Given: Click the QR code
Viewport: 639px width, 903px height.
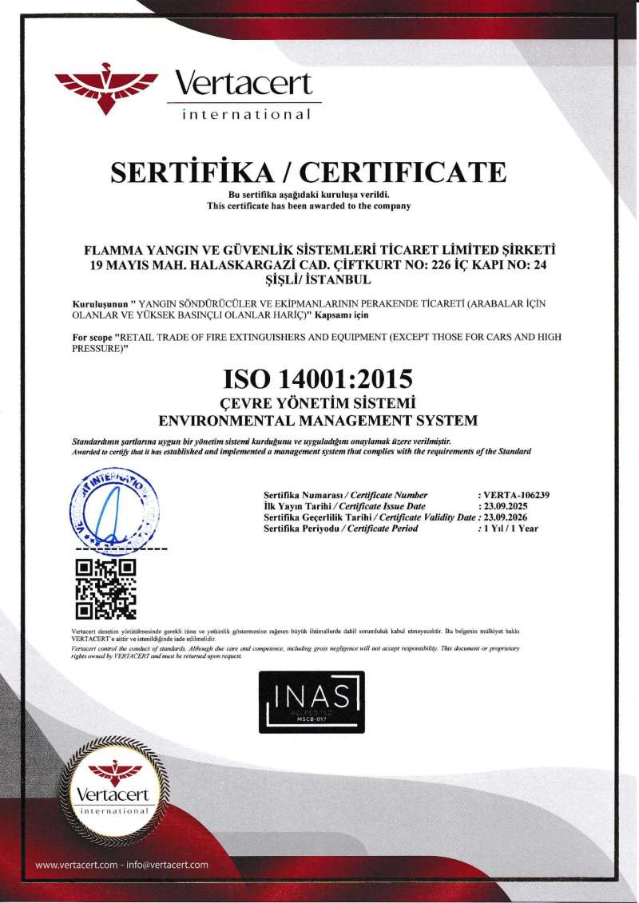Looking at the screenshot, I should [104, 589].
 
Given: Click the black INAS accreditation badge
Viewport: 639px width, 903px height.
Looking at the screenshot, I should [312, 702].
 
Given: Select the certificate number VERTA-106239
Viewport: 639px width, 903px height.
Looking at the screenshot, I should [516, 495].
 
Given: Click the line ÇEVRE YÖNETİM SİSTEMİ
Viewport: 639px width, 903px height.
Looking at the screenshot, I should [319, 402].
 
